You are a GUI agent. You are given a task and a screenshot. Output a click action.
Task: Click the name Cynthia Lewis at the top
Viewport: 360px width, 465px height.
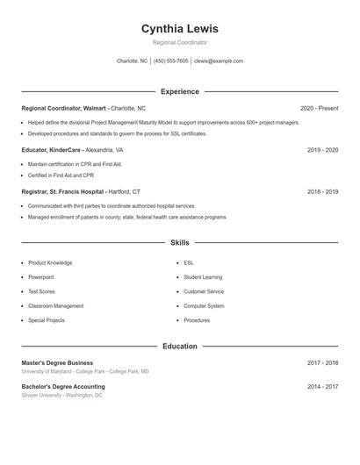click(179, 28)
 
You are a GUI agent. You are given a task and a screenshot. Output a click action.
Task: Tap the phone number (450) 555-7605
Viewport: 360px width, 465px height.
click(171, 61)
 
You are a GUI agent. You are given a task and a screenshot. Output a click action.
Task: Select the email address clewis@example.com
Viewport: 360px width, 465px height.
click(219, 61)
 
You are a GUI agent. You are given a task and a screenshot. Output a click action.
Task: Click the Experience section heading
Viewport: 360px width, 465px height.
click(179, 91)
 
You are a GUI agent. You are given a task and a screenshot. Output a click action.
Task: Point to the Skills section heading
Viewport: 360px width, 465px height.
click(179, 242)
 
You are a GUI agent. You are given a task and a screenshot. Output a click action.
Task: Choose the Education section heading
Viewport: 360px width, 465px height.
click(179, 347)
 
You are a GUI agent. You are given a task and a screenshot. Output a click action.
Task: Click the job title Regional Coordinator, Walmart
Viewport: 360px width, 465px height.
click(64, 108)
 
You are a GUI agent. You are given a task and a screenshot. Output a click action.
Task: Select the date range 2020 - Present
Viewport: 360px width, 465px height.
click(319, 108)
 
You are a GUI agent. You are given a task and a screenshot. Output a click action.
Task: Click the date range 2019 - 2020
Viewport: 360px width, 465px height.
click(322, 150)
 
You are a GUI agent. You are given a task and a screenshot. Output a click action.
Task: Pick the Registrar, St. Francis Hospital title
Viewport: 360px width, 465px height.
click(63, 191)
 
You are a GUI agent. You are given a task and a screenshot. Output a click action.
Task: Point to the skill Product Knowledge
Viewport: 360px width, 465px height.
click(50, 262)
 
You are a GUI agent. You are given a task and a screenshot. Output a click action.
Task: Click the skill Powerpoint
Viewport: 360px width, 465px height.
click(41, 277)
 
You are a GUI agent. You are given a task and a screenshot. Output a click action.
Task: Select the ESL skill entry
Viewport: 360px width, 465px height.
click(189, 262)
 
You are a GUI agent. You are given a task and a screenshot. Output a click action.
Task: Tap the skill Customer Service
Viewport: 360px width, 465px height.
click(204, 291)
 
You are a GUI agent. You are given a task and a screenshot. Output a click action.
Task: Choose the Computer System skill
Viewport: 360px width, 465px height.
click(204, 306)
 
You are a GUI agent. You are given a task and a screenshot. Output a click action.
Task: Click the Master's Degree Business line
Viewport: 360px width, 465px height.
click(57, 362)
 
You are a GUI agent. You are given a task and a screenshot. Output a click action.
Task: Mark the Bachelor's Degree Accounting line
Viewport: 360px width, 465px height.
click(62, 386)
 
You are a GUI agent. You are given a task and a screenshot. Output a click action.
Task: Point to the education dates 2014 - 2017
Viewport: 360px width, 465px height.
click(322, 386)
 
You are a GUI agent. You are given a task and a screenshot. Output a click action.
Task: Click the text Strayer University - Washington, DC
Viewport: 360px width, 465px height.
click(61, 396)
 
